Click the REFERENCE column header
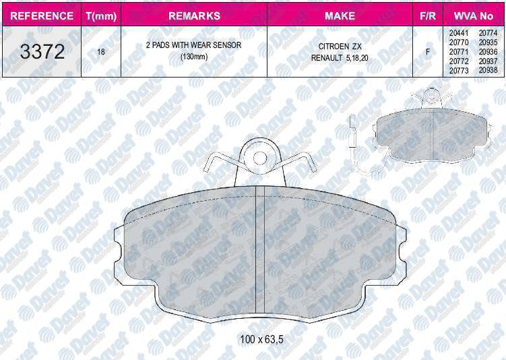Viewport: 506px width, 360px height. coord(42,16)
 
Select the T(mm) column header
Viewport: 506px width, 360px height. coord(101,16)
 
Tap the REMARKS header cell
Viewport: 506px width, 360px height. coord(194,16)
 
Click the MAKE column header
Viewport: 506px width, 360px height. coord(340,16)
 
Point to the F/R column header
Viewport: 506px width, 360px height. coord(428,16)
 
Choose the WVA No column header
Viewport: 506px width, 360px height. coord(474,16)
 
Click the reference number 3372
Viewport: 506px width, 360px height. coord(42,52)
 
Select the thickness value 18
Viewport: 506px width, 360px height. coord(101,52)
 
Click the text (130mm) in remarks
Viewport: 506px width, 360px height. coord(193,57)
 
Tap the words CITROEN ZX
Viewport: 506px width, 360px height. coord(340,47)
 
